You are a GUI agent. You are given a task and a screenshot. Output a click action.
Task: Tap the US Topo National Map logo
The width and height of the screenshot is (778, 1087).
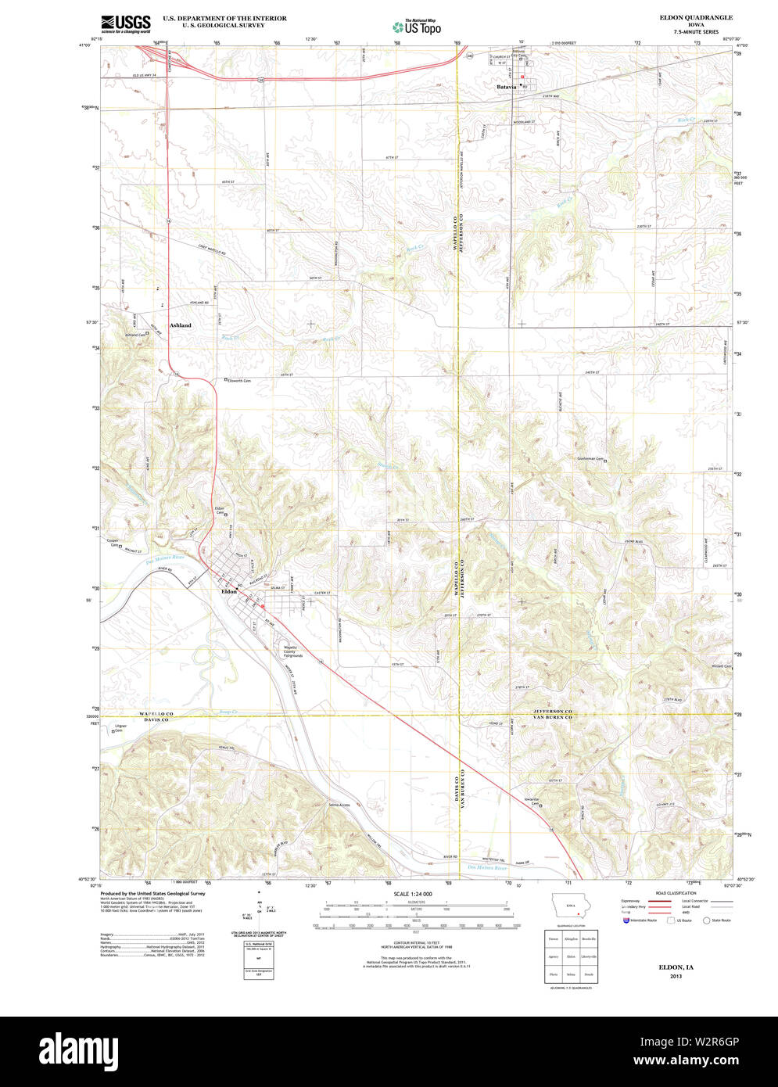pos(416,26)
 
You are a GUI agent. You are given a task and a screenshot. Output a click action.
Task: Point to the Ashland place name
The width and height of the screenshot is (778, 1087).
pos(180,325)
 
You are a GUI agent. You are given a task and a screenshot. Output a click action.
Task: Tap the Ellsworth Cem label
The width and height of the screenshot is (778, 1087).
pos(239,381)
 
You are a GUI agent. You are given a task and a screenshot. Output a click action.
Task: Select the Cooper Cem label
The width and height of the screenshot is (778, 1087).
pos(114,542)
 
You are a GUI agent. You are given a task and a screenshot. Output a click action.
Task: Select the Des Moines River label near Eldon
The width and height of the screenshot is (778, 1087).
pos(165,558)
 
